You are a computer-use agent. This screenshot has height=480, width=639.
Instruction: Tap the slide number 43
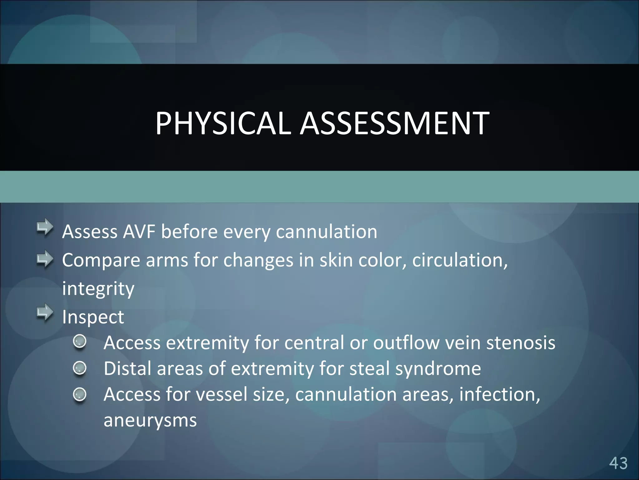point(618,463)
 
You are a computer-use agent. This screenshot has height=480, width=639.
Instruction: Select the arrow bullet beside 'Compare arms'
point(45,259)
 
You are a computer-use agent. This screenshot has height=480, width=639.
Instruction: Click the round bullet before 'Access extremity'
point(80,342)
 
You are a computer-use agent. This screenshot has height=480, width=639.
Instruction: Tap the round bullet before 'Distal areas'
point(80,368)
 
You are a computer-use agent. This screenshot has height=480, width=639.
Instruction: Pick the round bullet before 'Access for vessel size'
point(80,394)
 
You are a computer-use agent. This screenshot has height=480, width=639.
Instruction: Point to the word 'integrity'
point(98,289)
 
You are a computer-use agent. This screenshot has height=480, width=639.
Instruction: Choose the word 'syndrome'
point(438,369)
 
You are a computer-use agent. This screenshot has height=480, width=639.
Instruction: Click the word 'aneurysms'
point(150,421)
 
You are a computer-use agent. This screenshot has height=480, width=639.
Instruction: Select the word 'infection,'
point(500,394)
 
